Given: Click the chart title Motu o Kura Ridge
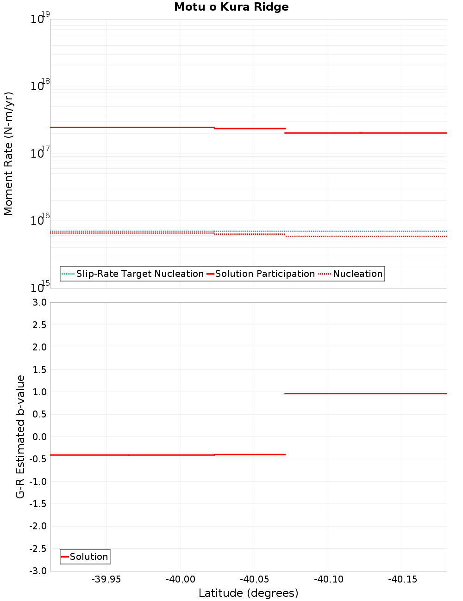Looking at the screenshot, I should pyautogui.click(x=231, y=7).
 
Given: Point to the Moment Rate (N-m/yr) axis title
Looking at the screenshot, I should pyautogui.click(x=8, y=153).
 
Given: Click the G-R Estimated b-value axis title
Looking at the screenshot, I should pyautogui.click(x=20, y=436).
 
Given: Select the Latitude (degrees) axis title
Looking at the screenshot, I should pyautogui.click(x=248, y=593).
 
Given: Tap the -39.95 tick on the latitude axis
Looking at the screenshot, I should pyautogui.click(x=106, y=580).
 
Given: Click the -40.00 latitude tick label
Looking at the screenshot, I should pyautogui.click(x=181, y=580).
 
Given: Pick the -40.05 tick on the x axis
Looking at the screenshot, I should pyautogui.click(x=255, y=580).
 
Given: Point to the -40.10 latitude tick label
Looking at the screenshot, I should pyautogui.click(x=329, y=580).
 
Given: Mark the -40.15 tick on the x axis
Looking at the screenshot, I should pyautogui.click(x=403, y=580).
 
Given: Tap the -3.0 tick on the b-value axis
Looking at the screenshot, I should pyautogui.click(x=38, y=571).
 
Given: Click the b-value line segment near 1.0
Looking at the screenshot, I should pyautogui.click(x=366, y=393).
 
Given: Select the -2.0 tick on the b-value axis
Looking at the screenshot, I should pyautogui.click(x=38, y=526).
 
